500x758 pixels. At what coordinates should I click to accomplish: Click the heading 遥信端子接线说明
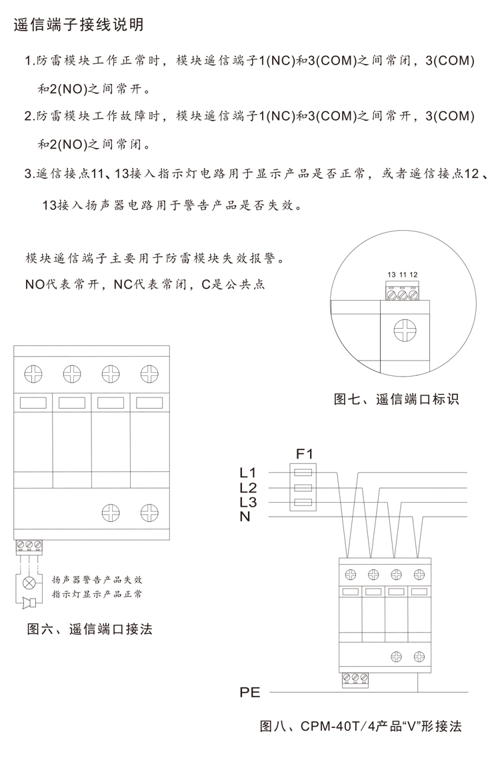pos(79,25)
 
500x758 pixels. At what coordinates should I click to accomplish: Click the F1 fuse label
pos(304,454)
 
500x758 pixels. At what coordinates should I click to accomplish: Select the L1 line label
pos(247,473)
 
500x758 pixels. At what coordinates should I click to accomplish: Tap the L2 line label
pos(247,487)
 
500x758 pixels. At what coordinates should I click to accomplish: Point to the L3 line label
pos(247,502)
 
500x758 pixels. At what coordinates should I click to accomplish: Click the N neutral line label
pos(245,517)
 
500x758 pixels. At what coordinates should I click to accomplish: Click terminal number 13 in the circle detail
pos(391,275)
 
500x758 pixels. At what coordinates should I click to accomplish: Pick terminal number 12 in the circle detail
pos(414,275)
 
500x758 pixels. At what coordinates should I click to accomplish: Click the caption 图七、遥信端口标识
pos(396,399)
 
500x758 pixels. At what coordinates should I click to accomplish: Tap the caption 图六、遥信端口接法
pos(90,629)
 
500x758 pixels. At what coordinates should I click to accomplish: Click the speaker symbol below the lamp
pos(29,603)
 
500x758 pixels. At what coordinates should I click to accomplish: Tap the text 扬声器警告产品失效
pos(97,579)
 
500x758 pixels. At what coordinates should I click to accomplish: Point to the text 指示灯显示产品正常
pos(97,594)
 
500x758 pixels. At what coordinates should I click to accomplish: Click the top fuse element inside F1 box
pos(303,473)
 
